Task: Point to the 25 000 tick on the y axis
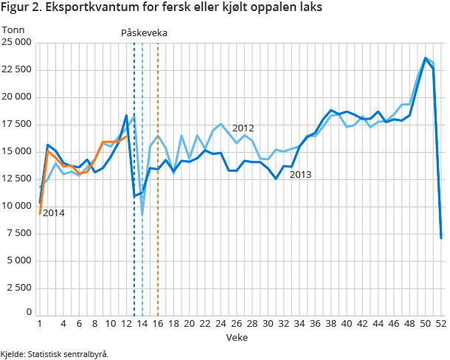click(x=16, y=42)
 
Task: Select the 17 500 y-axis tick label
click(x=16, y=124)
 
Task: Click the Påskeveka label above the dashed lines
click(x=144, y=33)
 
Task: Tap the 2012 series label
click(x=243, y=128)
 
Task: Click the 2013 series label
click(x=300, y=175)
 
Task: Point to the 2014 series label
click(x=53, y=213)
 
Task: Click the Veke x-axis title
click(x=237, y=336)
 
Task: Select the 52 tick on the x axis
click(x=441, y=323)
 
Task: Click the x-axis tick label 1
click(x=38, y=323)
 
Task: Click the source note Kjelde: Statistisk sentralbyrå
click(x=55, y=354)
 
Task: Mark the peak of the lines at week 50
click(x=426, y=58)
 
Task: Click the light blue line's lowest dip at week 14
click(x=142, y=215)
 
